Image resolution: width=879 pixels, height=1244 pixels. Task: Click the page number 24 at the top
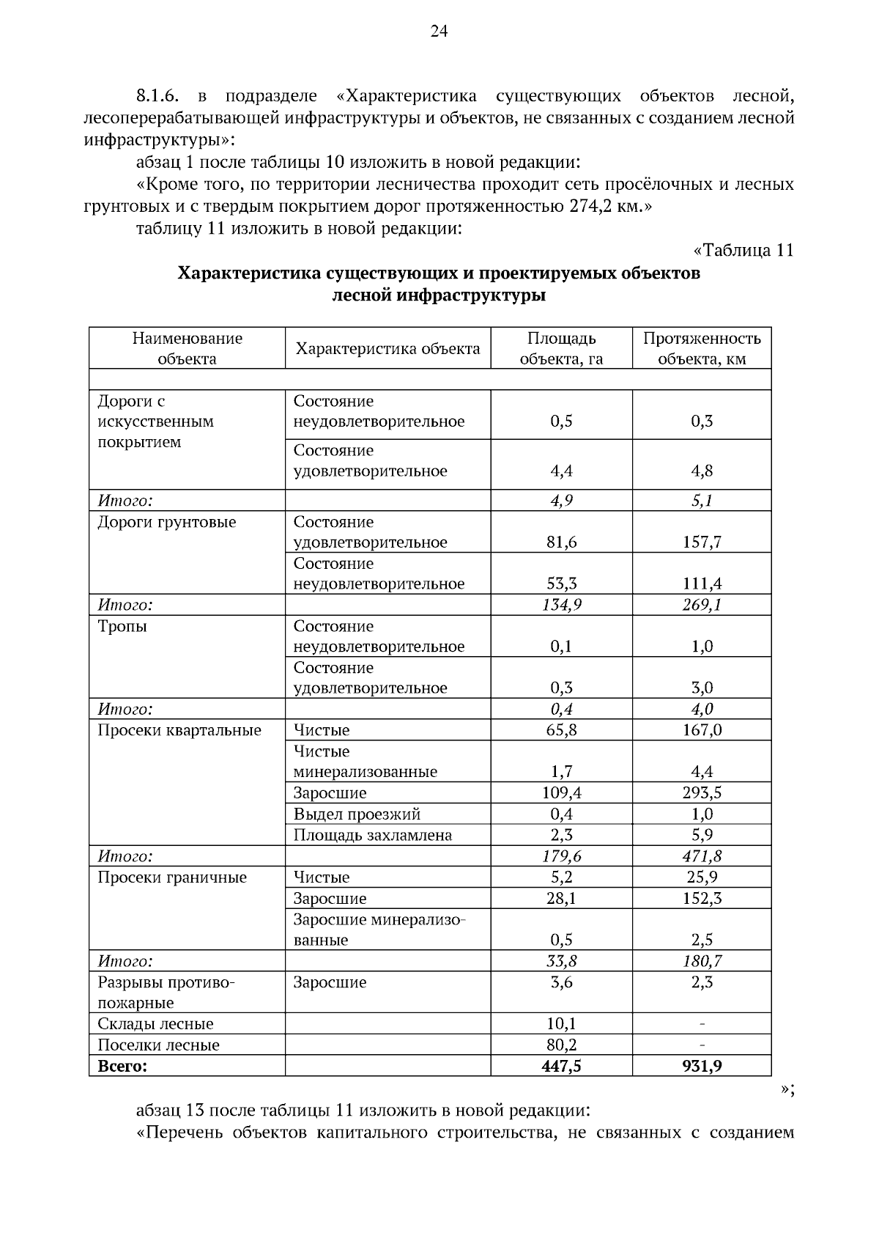click(439, 31)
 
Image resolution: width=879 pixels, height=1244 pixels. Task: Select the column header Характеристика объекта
click(387, 348)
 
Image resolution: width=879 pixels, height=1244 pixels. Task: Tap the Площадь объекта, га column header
click(561, 348)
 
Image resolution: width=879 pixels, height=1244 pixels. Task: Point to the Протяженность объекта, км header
click(702, 348)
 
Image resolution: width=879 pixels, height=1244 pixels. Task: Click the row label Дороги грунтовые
click(167, 522)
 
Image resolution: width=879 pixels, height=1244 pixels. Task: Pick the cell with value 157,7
click(702, 542)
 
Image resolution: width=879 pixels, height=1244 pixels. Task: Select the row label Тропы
click(122, 626)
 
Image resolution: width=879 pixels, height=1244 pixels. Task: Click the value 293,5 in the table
click(702, 793)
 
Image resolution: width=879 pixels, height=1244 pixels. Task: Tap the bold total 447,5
click(561, 1066)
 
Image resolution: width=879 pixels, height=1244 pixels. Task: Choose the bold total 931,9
click(702, 1066)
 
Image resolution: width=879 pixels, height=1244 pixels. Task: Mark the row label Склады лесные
click(155, 1024)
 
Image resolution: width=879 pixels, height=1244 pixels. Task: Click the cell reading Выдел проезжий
click(357, 814)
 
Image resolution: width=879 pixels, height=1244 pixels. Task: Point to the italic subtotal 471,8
click(702, 856)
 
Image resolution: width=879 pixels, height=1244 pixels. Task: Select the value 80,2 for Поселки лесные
click(561, 1045)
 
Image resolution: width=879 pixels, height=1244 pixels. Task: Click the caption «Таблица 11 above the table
click(743, 251)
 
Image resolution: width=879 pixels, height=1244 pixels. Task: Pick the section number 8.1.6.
click(157, 96)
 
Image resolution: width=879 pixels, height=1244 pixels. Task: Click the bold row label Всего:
click(122, 1066)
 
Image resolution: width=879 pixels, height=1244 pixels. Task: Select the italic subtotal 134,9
click(561, 605)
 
